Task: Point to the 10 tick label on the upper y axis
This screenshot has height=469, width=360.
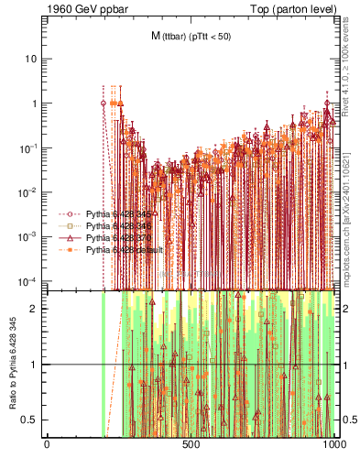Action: [x=31, y=59]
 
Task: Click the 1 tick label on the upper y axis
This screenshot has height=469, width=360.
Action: [x=34, y=104]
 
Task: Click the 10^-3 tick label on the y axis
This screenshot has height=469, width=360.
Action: [x=29, y=235]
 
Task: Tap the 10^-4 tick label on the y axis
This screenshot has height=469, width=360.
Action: [x=29, y=279]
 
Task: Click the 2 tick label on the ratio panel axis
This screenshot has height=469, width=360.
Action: [x=34, y=309]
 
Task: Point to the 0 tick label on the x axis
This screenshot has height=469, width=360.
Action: [x=47, y=445]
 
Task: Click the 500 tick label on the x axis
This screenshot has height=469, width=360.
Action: [x=191, y=445]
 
